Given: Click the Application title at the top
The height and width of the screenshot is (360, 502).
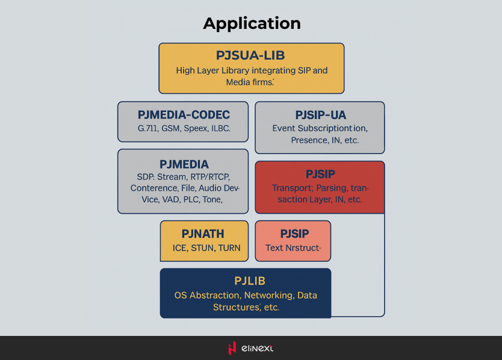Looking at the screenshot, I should point(252,23).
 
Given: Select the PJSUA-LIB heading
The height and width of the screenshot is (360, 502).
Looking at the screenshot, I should point(251,55).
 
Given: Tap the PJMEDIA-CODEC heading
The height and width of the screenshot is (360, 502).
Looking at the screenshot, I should point(184,114).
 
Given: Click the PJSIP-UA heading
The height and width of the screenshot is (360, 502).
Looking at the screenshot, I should point(320,114).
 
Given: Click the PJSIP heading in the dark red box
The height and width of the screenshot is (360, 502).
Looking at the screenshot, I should point(320,174).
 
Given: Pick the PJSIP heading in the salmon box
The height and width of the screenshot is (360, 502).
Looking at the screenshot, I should point(294,234).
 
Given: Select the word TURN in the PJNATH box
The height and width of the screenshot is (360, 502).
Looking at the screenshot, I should point(229,248).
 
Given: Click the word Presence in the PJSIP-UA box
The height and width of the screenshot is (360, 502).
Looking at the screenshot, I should point(309,140).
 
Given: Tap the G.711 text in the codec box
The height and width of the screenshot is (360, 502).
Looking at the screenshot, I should point(149,129).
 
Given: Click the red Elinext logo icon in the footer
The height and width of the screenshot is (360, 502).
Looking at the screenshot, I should point(232,348).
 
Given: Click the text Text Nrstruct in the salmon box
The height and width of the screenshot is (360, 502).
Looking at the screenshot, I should point(293,248).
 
